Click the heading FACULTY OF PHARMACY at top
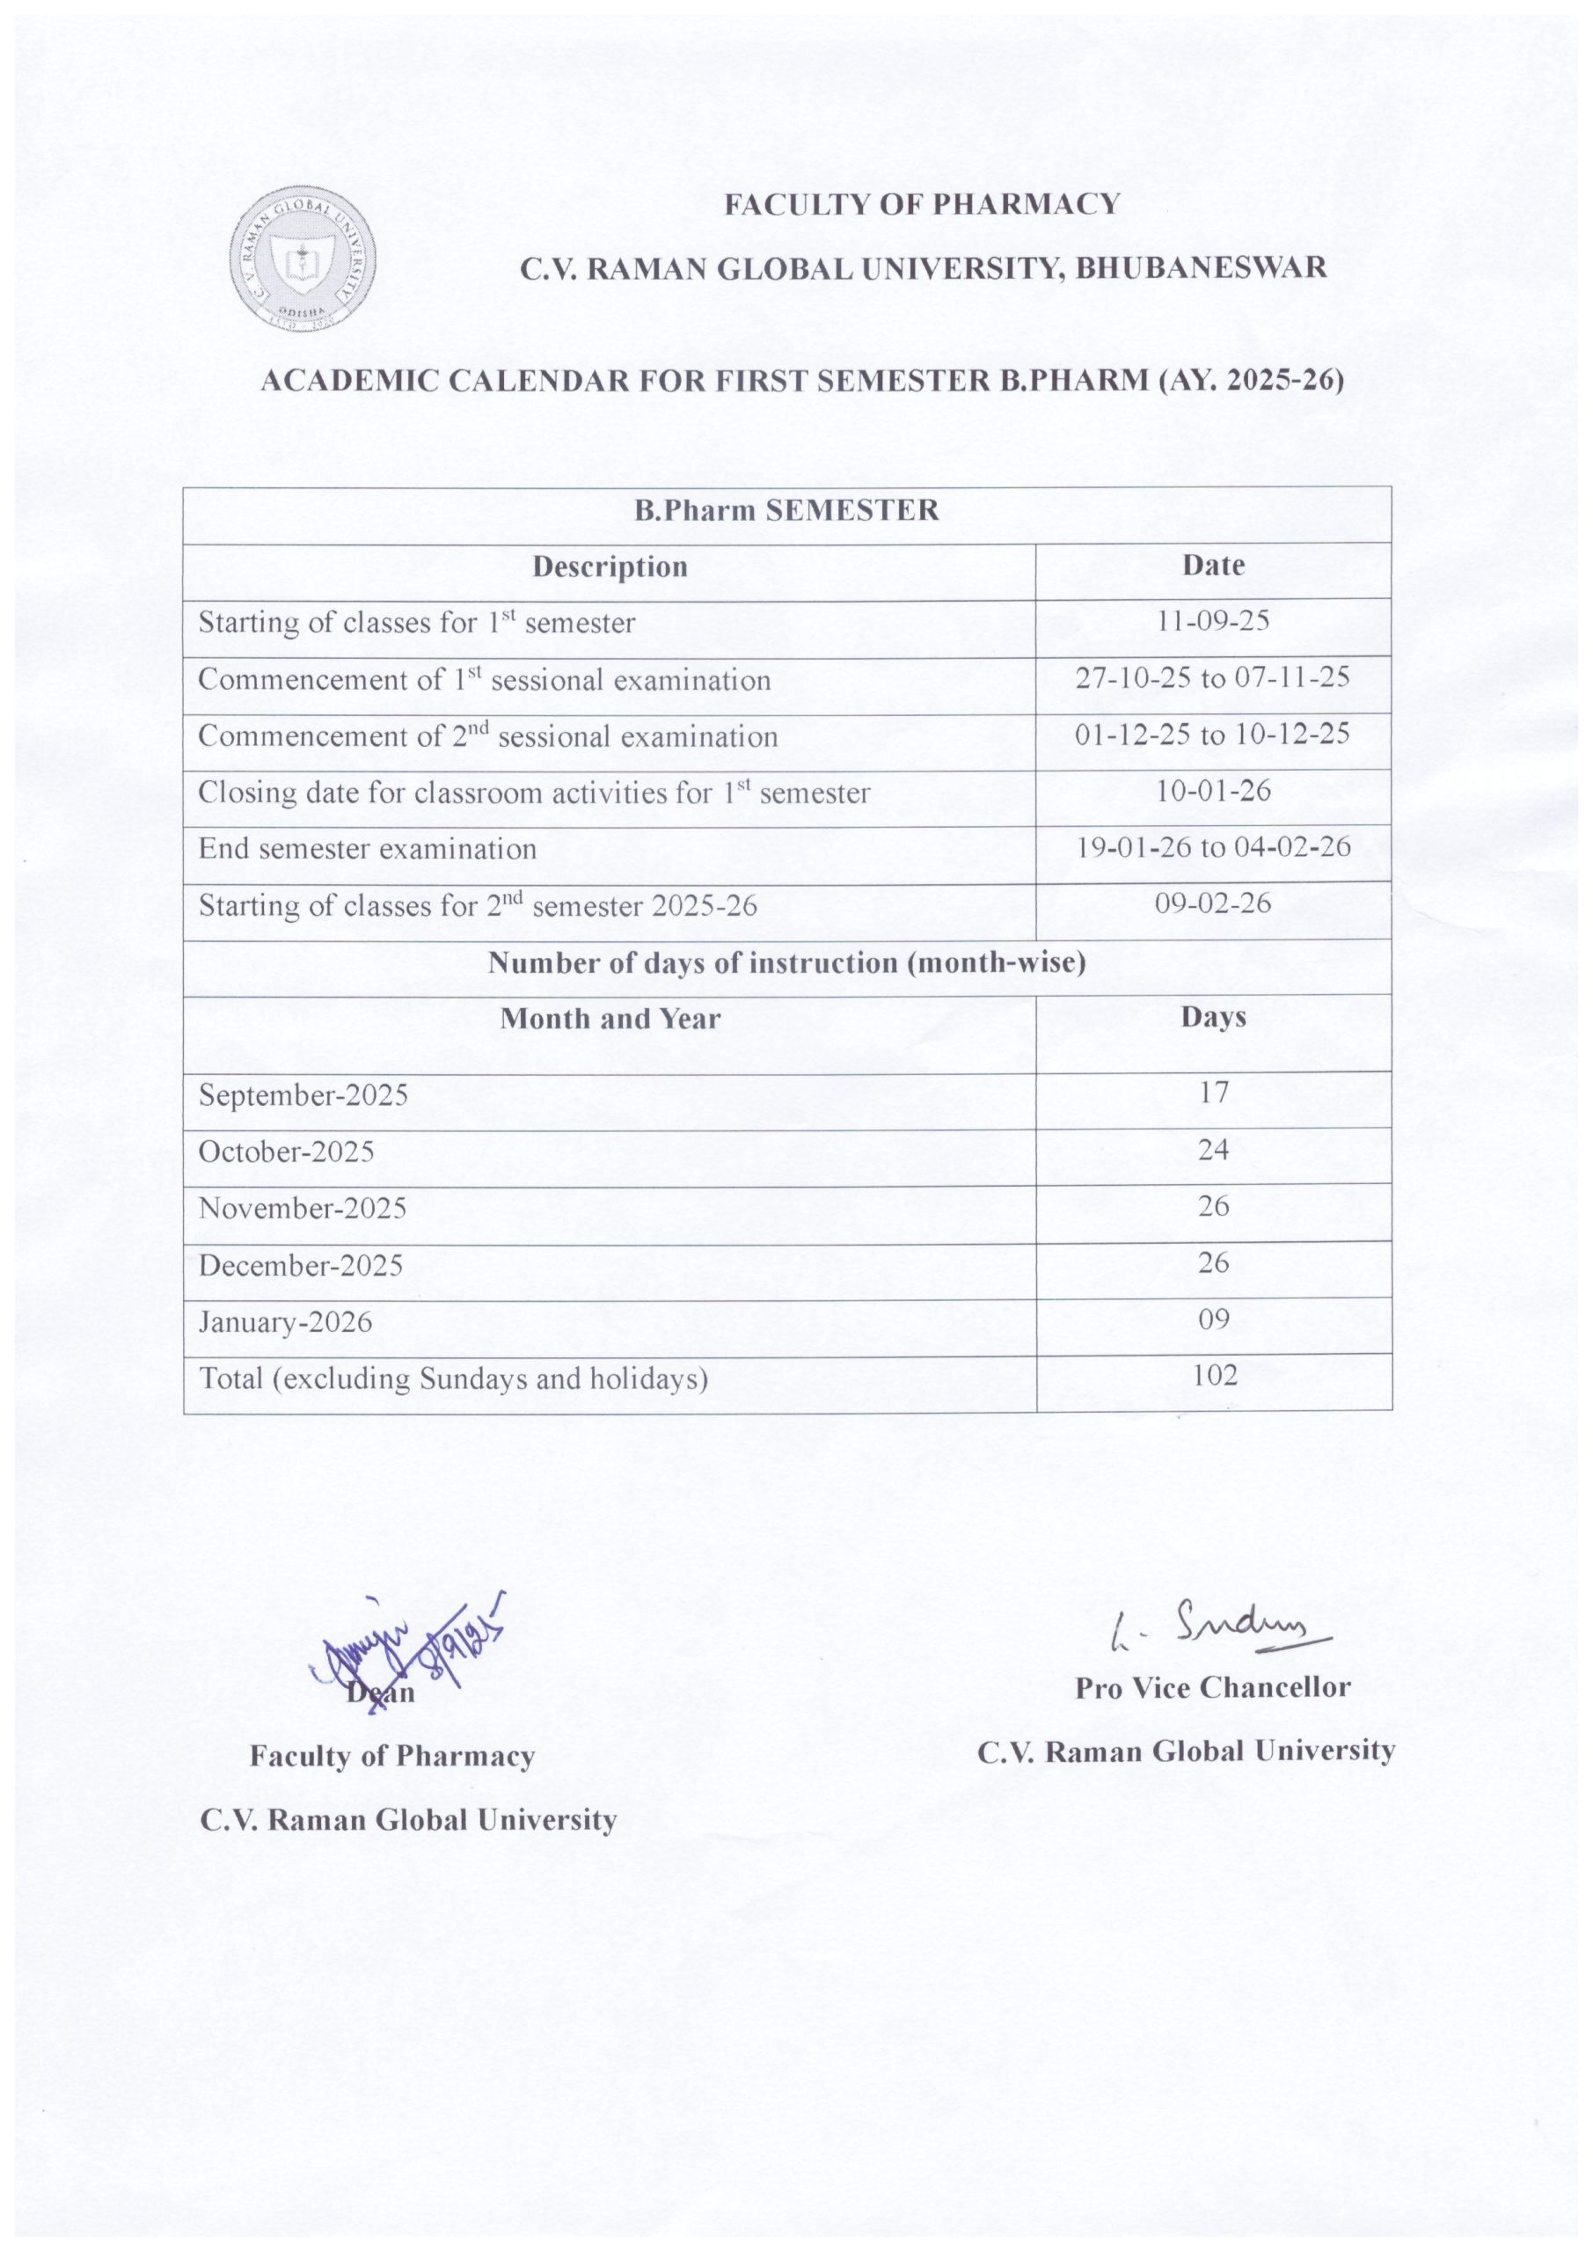coord(921,204)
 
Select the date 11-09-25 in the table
coord(1213,621)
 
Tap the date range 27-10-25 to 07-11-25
coord(1212,676)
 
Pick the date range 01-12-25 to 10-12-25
coord(1212,734)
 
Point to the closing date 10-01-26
coord(1213,791)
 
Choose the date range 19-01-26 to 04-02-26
coord(1213,846)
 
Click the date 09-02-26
coord(1213,903)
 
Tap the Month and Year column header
coord(610,1019)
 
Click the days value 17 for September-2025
coord(1213,1093)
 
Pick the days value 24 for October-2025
coord(1213,1150)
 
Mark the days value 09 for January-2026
coord(1213,1320)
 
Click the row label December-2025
coord(300,1265)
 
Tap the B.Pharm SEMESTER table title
coord(786,510)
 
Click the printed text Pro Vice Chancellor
coord(1212,1688)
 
